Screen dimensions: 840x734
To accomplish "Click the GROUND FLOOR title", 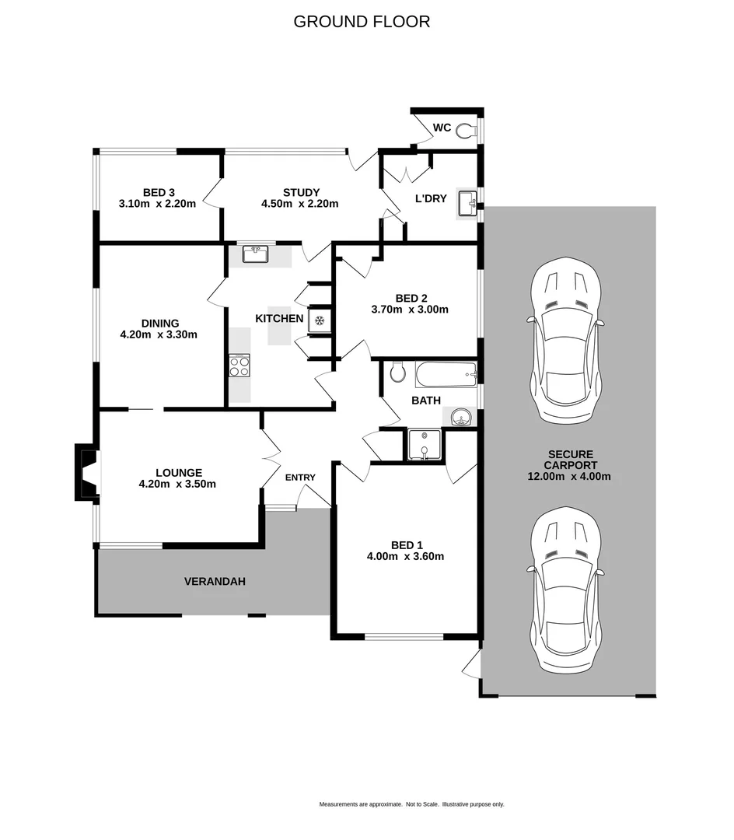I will (362, 22).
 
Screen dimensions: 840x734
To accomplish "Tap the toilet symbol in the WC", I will (467, 130).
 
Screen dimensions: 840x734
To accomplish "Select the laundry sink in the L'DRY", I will (467, 204).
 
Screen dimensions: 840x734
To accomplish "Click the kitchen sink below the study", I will (255, 254).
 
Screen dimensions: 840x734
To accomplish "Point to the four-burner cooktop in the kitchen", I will (239, 366).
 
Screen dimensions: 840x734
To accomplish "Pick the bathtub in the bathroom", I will (446, 375).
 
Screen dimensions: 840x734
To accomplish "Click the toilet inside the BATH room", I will (397, 373).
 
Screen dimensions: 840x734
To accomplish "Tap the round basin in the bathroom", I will (461, 418).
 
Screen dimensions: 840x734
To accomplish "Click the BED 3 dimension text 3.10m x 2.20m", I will (158, 204).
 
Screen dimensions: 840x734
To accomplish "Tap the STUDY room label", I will (301, 193).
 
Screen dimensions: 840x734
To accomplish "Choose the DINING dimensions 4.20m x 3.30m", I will (159, 335).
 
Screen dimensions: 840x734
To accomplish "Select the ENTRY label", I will (301, 478).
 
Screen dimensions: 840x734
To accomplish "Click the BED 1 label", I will (405, 545).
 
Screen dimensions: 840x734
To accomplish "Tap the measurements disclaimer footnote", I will (411, 804).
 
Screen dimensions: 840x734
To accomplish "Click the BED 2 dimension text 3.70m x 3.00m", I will (411, 309).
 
